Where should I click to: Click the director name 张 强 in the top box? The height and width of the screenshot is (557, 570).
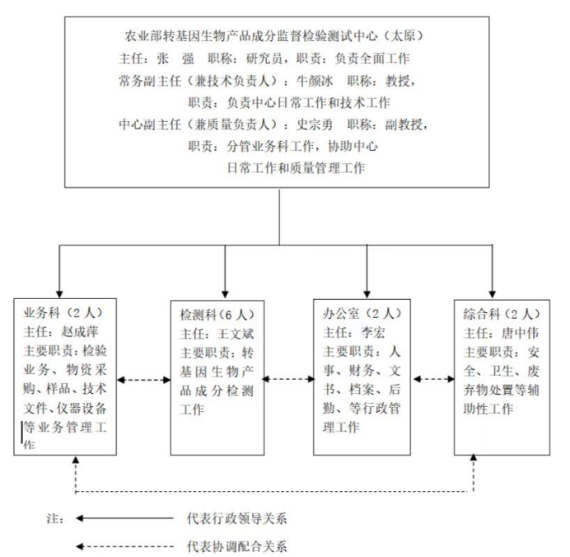pyautogui.click(x=175, y=59)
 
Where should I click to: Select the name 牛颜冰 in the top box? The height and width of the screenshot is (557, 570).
pyautogui.click(x=315, y=81)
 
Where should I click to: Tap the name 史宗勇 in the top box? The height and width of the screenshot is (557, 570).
pyautogui.click(x=315, y=124)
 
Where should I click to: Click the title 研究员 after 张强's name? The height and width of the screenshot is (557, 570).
pyautogui.click(x=264, y=59)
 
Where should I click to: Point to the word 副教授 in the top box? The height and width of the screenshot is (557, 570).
pyautogui.click(x=404, y=124)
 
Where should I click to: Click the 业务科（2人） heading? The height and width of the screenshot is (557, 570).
pyautogui.click(x=63, y=312)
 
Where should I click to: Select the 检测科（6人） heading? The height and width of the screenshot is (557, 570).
pyautogui.click(x=217, y=315)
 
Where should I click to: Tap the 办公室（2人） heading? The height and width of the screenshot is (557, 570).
pyautogui.click(x=362, y=313)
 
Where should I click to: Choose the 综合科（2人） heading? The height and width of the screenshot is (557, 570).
pyautogui.click(x=502, y=314)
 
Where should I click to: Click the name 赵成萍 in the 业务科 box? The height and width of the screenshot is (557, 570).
pyautogui.click(x=80, y=331)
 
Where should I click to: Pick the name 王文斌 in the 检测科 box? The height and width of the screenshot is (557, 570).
pyautogui.click(x=236, y=334)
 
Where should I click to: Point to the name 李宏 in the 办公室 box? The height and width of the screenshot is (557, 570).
pyautogui.click(x=372, y=333)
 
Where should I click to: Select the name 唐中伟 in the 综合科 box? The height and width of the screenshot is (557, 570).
pyautogui.click(x=520, y=333)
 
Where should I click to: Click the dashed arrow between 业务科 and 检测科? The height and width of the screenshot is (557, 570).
pyautogui.click(x=144, y=381)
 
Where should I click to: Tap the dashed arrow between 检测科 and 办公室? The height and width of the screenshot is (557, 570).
pyautogui.click(x=288, y=379)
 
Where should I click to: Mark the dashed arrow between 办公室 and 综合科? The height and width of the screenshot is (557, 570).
pyautogui.click(x=434, y=379)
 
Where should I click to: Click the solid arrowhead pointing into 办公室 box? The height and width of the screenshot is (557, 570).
pyautogui.click(x=367, y=294)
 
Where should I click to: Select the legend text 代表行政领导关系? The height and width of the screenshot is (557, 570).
pyautogui.click(x=237, y=518)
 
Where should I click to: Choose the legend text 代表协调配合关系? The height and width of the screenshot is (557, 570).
pyautogui.click(x=237, y=546)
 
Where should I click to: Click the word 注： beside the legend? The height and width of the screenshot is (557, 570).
pyautogui.click(x=56, y=518)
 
